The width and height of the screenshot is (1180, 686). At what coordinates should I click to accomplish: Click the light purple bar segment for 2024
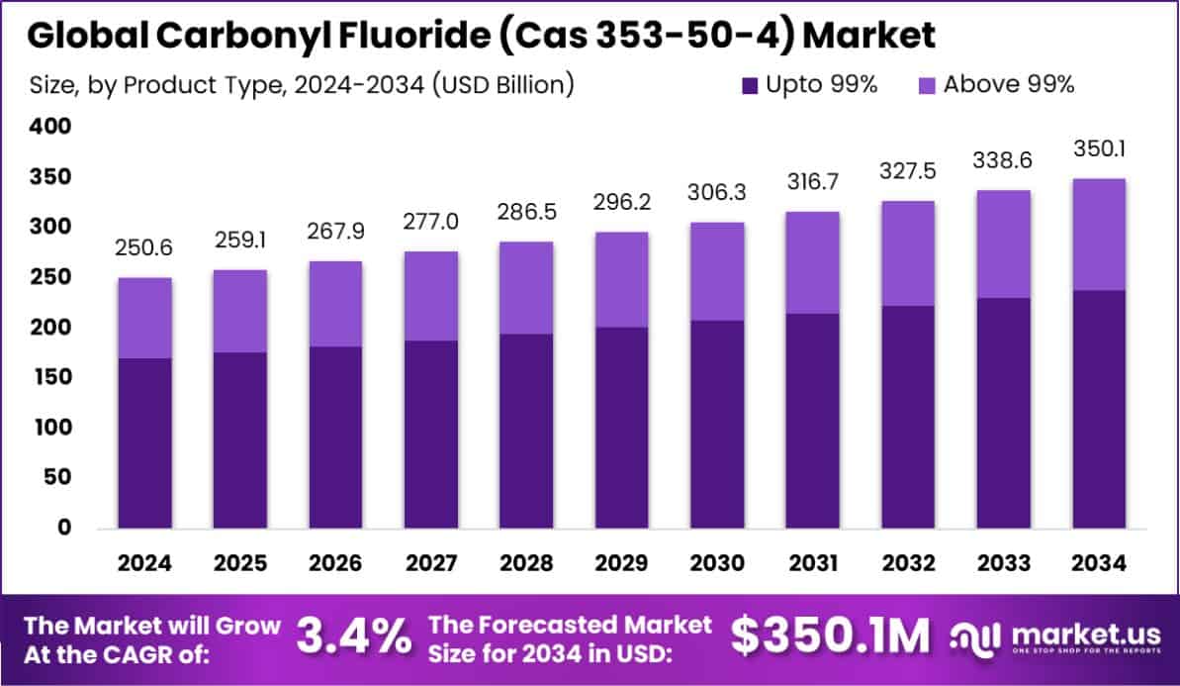tap(144, 318)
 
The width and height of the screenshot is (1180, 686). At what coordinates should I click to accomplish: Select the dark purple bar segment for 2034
tap(1099, 408)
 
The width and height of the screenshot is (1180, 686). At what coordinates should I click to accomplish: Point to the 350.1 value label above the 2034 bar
tap(1099, 149)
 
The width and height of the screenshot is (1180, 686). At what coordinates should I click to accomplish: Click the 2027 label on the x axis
tap(431, 563)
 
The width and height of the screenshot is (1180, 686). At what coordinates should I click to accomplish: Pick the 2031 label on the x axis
tap(813, 563)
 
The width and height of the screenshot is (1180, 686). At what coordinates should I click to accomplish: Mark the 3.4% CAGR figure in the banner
tap(354, 637)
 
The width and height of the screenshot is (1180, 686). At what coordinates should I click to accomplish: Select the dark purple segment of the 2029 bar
tap(622, 428)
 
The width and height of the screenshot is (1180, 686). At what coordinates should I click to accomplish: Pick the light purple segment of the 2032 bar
tap(908, 253)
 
